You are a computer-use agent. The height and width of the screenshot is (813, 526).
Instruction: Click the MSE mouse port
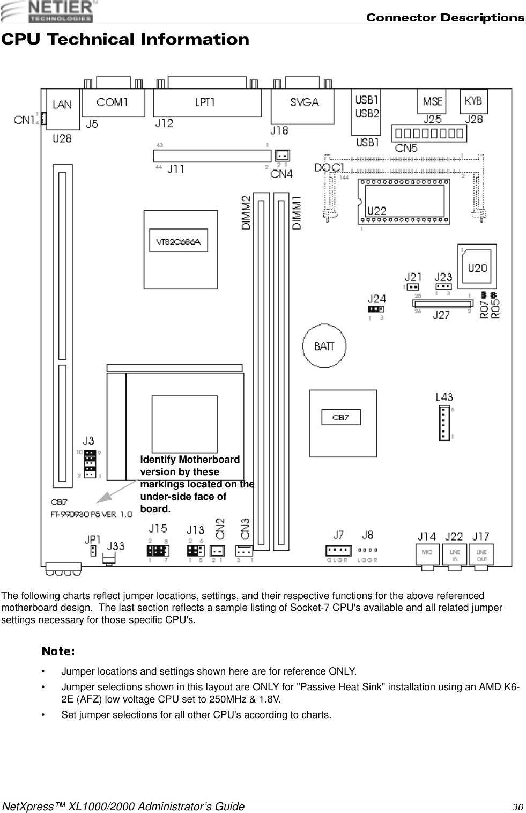pyautogui.click(x=432, y=101)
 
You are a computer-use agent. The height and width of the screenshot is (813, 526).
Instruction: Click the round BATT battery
pyautogui.click(x=324, y=346)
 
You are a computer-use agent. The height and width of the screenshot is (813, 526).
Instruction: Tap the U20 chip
pyautogui.click(x=477, y=267)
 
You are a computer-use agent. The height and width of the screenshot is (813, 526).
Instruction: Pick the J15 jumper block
pyautogui.click(x=158, y=551)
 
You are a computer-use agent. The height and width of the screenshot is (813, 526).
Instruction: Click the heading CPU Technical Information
pyautogui.click(x=125, y=40)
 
